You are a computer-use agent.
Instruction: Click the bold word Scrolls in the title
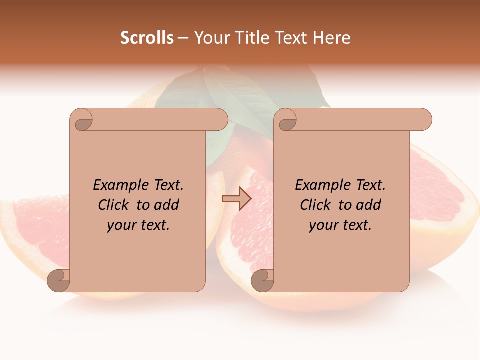click(x=147, y=38)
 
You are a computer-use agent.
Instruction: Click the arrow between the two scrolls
click(x=236, y=199)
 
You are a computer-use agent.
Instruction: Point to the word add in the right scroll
click(x=369, y=205)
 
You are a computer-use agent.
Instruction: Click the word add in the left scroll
click(x=167, y=205)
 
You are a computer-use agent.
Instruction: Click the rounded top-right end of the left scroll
click(x=220, y=120)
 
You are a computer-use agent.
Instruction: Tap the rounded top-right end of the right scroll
click(x=424, y=120)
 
